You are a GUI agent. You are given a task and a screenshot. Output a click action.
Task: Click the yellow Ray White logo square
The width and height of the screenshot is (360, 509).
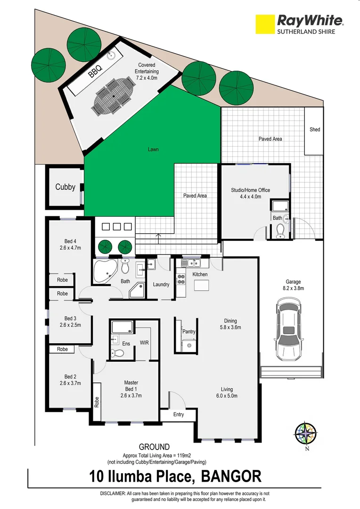pyautogui.click(x=265, y=24)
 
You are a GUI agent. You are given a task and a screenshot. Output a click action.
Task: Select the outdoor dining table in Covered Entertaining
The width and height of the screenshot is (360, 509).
pyautogui.click(x=113, y=96)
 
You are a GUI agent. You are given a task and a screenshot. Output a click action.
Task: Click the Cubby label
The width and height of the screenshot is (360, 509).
pyautogui.click(x=65, y=187)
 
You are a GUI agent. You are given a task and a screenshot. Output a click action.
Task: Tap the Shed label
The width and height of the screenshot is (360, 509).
pyautogui.click(x=314, y=129)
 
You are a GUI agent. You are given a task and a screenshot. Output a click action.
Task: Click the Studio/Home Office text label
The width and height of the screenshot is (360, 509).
pyautogui.click(x=250, y=190)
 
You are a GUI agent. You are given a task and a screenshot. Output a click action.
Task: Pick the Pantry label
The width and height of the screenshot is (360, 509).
pyautogui.click(x=189, y=332)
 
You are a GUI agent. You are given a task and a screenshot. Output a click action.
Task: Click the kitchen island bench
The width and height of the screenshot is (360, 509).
pyautogui.click(x=201, y=286)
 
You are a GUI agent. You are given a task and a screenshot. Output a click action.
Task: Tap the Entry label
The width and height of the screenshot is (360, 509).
pyautogui.click(x=179, y=415)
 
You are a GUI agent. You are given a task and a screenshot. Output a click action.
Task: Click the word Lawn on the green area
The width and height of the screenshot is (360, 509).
pyautogui.click(x=153, y=149)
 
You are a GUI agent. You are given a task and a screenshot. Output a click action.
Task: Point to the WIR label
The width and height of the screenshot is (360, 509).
pyautogui.click(x=144, y=343)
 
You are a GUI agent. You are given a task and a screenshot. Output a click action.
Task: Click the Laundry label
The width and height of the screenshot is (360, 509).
pyautogui.click(x=161, y=284)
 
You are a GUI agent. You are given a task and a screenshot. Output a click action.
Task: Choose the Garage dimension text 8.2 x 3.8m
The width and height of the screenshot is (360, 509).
pyautogui.click(x=293, y=288)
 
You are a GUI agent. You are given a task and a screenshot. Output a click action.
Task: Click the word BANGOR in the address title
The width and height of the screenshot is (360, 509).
pyautogui.click(x=231, y=476)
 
